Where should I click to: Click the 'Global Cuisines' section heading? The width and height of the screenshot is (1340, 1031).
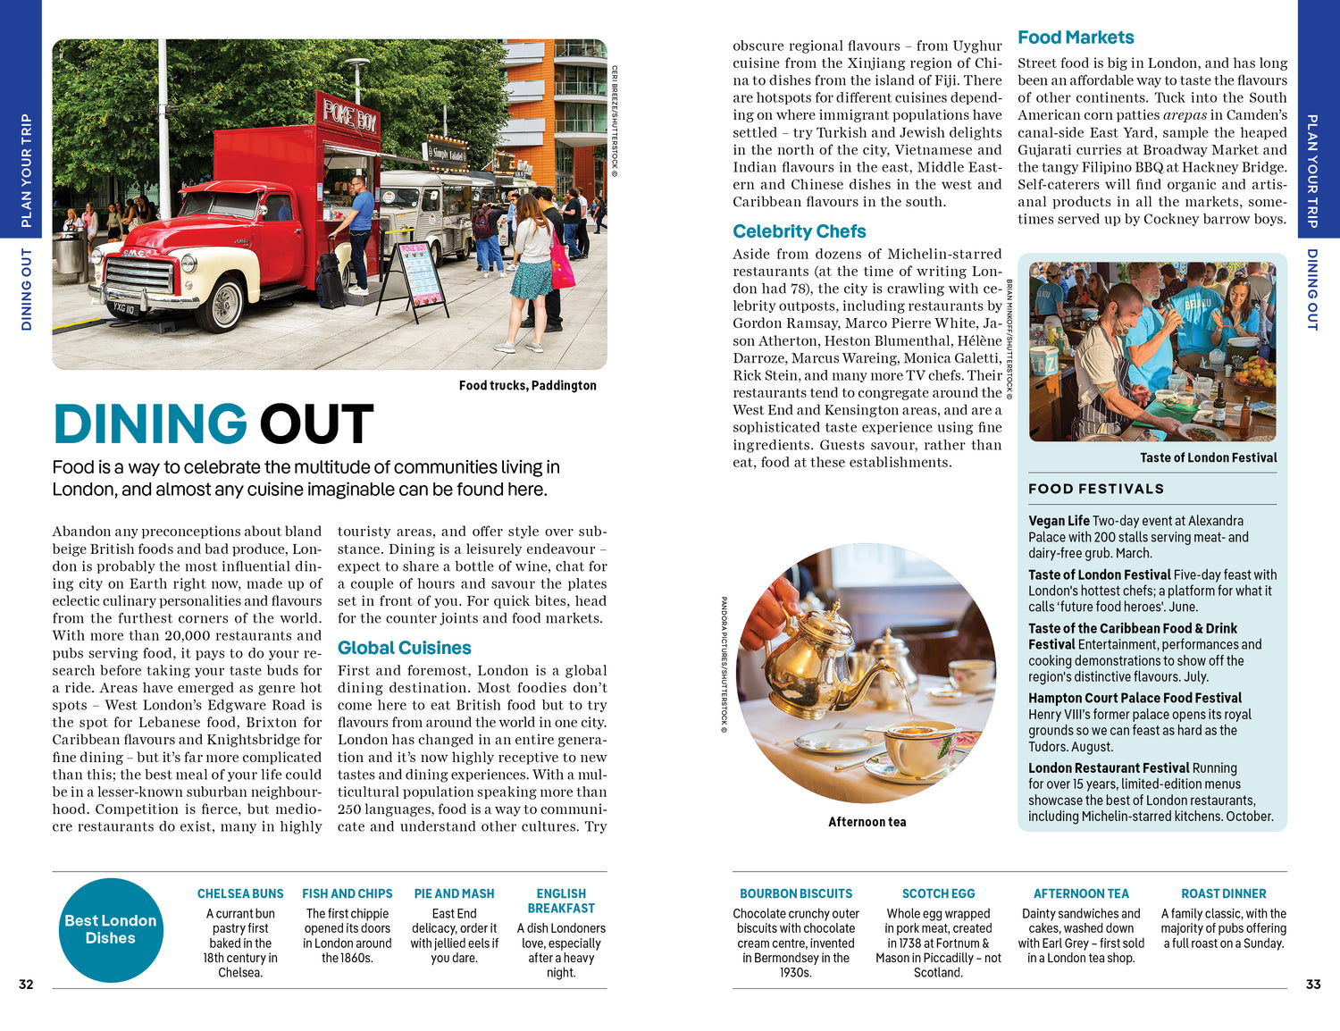404,648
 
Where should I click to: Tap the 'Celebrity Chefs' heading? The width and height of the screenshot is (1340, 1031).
799,231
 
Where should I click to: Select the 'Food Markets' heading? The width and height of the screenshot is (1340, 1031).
1076,38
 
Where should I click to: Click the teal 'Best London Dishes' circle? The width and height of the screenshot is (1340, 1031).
111,929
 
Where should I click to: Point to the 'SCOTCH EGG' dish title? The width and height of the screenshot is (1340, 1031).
938,893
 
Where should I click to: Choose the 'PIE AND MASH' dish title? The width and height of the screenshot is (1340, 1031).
454,893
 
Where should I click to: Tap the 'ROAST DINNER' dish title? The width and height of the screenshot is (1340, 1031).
1223,893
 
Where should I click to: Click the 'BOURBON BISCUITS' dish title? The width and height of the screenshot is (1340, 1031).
796,893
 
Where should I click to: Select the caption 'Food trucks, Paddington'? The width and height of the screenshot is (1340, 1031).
527,385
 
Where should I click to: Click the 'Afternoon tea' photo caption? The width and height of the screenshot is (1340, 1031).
867,822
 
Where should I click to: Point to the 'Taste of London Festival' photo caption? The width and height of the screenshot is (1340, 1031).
1208,457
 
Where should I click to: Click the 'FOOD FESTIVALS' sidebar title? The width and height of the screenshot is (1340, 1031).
1096,489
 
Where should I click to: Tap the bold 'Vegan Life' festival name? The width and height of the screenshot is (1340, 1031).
1059,521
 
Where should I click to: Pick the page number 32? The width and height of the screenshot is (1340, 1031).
26,985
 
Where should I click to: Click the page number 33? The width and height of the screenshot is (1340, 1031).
1312,985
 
